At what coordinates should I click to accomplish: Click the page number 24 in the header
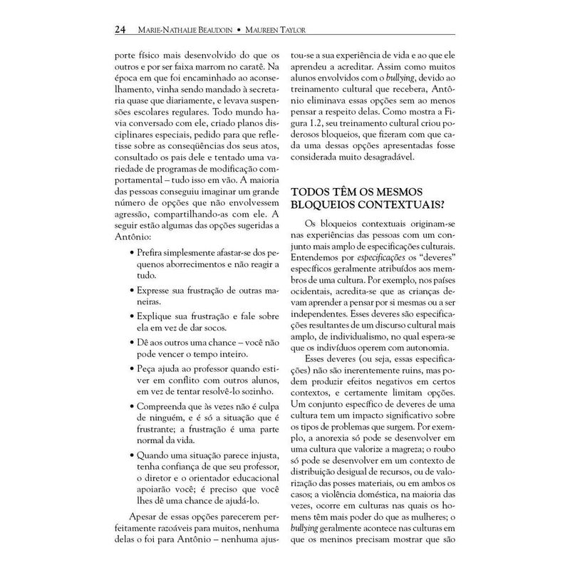click(x=121, y=30)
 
